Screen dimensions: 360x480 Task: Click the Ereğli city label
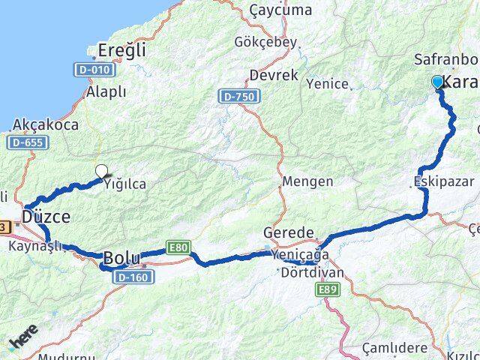127,49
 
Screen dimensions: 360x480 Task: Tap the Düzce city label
46,216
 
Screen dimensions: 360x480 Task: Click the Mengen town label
303,181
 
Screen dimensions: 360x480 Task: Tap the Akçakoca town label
46,124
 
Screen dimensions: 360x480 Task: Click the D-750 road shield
239,97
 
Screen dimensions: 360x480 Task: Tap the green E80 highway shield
179,247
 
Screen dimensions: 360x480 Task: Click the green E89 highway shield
327,289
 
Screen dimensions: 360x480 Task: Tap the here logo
22,341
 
